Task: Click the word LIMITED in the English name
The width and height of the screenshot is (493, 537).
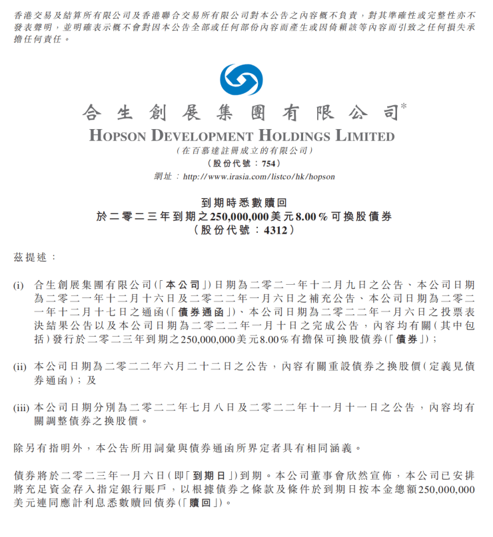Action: pos(367,136)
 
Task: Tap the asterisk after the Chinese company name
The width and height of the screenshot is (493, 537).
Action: pos(404,107)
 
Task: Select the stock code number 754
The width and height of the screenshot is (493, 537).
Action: pos(268,164)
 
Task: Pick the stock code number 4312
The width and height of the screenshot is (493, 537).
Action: pos(276,230)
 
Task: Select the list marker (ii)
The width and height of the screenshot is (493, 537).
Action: pos(20,366)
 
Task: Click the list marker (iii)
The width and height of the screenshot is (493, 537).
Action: pos(21,407)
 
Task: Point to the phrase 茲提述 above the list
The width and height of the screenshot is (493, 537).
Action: pos(31,256)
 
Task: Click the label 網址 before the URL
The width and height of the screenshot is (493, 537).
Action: pos(163,177)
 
